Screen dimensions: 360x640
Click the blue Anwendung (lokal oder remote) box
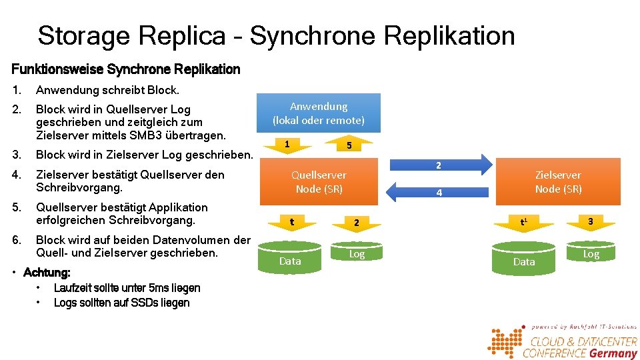point(318,113)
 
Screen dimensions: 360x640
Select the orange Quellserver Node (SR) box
point(319,181)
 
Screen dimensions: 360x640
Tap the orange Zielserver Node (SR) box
point(557,181)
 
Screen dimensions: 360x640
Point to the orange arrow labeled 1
point(287,145)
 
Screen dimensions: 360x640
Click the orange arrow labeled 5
point(349,145)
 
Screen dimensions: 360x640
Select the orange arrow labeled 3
point(590,221)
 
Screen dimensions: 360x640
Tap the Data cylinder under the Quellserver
point(290,258)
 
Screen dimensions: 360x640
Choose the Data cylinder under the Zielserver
point(524,259)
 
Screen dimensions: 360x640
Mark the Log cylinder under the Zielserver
point(591,251)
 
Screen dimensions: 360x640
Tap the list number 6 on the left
point(17,240)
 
